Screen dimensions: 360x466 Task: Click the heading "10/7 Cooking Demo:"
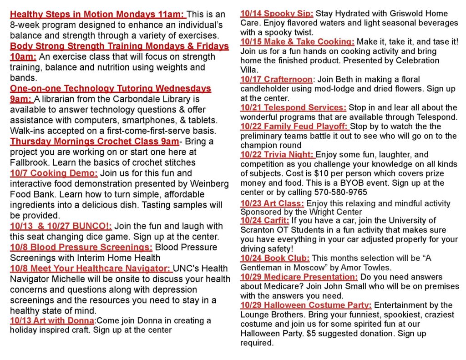tap(54, 173)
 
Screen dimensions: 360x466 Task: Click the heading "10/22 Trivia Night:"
tap(278, 155)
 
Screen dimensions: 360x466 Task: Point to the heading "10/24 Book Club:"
tap(275, 258)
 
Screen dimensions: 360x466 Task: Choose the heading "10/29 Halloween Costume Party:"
tap(306, 305)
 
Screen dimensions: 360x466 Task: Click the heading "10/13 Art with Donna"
tap(52, 321)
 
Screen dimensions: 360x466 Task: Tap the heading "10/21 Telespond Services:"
tap(293, 108)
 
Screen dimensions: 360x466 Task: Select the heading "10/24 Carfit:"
tap(265, 220)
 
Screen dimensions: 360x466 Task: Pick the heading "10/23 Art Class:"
tap(272, 203)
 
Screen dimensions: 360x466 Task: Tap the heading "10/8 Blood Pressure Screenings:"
tap(81, 247)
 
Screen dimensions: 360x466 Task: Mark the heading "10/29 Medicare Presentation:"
tap(299, 277)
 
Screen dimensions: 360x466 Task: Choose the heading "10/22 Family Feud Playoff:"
tap(294, 127)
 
